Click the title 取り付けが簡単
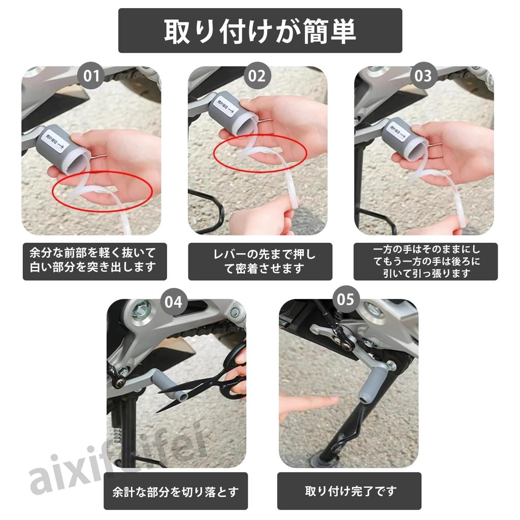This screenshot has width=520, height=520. click(x=260, y=31)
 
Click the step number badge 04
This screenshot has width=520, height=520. click(x=174, y=302)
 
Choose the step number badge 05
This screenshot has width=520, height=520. click(x=345, y=299)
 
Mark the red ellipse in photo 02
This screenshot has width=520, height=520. click(x=259, y=153)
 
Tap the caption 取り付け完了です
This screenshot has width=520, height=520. click(x=349, y=491)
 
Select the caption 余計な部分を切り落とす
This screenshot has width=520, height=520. click(x=176, y=492)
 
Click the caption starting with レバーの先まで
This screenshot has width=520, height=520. click(x=260, y=262)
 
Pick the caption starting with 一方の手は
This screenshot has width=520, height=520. click(x=426, y=262)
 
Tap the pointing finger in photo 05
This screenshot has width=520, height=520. click(x=310, y=404)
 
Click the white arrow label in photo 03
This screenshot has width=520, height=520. click(x=399, y=134)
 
